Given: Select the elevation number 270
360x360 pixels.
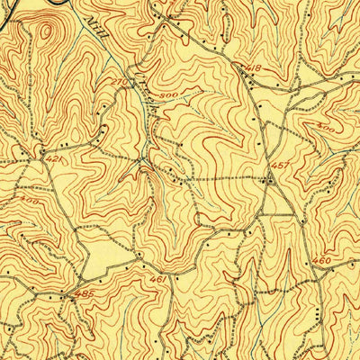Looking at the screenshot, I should coord(116,82).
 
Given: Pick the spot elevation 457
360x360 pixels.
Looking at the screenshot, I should coord(279,166).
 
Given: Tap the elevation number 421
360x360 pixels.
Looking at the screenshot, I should coord(54,159).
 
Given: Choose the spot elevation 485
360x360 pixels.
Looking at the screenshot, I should coord(85,293).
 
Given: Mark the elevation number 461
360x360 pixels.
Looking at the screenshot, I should coord(157,280).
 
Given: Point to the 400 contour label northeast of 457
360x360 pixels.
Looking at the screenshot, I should coord(326,130).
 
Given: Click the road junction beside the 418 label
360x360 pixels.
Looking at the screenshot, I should coord(241,76).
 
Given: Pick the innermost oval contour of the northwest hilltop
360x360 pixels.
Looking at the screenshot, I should coord(43,31).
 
